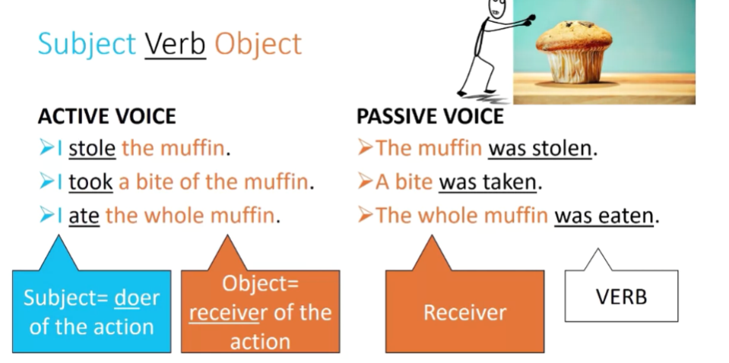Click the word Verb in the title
tap(175, 44)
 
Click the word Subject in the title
tap(87, 44)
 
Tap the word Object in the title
tap(258, 44)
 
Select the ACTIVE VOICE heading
tap(106, 116)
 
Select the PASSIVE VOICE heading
tap(429, 116)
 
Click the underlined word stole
tap(92, 148)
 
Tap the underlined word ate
tap(84, 216)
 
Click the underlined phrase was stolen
tap(540, 148)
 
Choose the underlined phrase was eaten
tap(604, 216)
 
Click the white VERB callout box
tap(621, 295)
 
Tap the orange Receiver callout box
tap(464, 311)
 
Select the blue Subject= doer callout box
tap(91, 311)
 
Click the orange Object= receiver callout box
tap(260, 311)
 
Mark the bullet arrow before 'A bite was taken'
tap(366, 182)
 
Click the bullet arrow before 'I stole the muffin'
tap(46, 148)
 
